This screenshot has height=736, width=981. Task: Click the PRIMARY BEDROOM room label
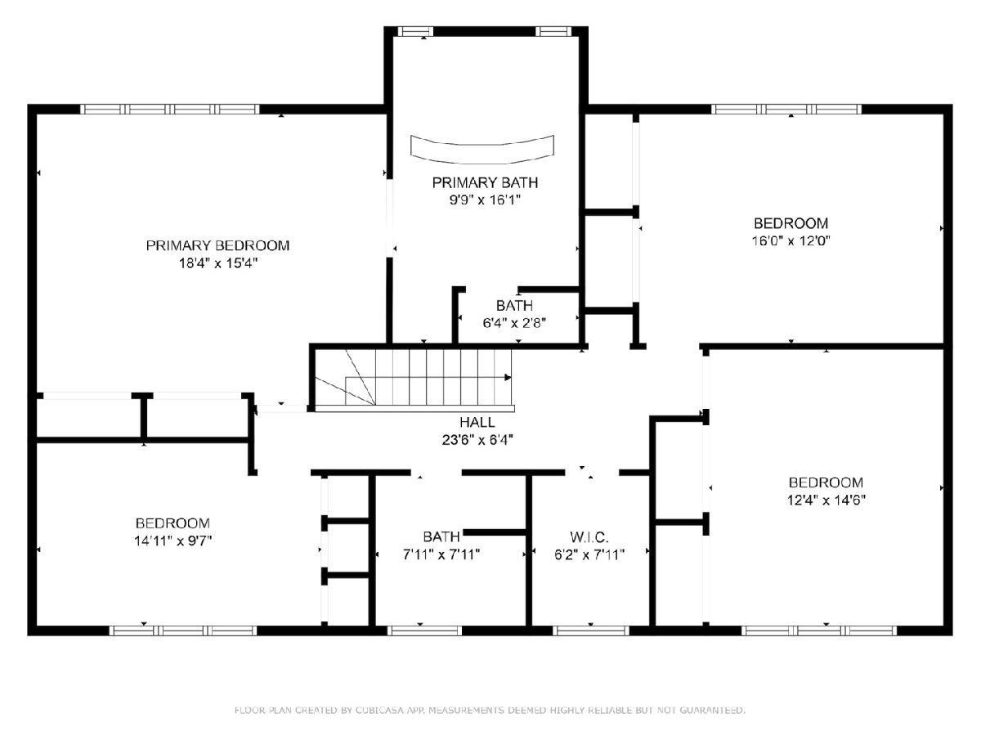tap(217, 245)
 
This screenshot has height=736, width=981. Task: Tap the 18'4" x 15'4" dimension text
tap(218, 263)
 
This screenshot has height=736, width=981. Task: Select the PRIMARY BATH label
tap(485, 182)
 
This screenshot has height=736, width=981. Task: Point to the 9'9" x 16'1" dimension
tap(485, 200)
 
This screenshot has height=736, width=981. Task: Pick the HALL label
tap(477, 422)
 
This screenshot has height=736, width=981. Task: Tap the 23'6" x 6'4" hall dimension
tap(477, 440)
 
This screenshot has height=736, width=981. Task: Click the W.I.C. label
tap(589, 536)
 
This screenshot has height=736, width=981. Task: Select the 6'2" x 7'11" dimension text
tap(589, 554)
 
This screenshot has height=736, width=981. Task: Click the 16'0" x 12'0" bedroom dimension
tap(791, 241)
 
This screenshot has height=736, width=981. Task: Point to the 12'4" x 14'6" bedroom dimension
tap(826, 500)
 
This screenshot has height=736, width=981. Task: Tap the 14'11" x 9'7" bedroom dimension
tap(172, 541)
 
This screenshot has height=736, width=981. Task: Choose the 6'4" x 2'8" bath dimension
tap(514, 323)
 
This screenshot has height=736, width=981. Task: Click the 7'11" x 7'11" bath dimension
tap(441, 554)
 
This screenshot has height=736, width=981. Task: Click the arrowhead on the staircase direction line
tap(508, 378)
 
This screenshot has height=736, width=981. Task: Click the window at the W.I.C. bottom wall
tap(591, 631)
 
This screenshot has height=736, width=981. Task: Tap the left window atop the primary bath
tap(415, 31)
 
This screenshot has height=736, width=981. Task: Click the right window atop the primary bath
tap(553, 31)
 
